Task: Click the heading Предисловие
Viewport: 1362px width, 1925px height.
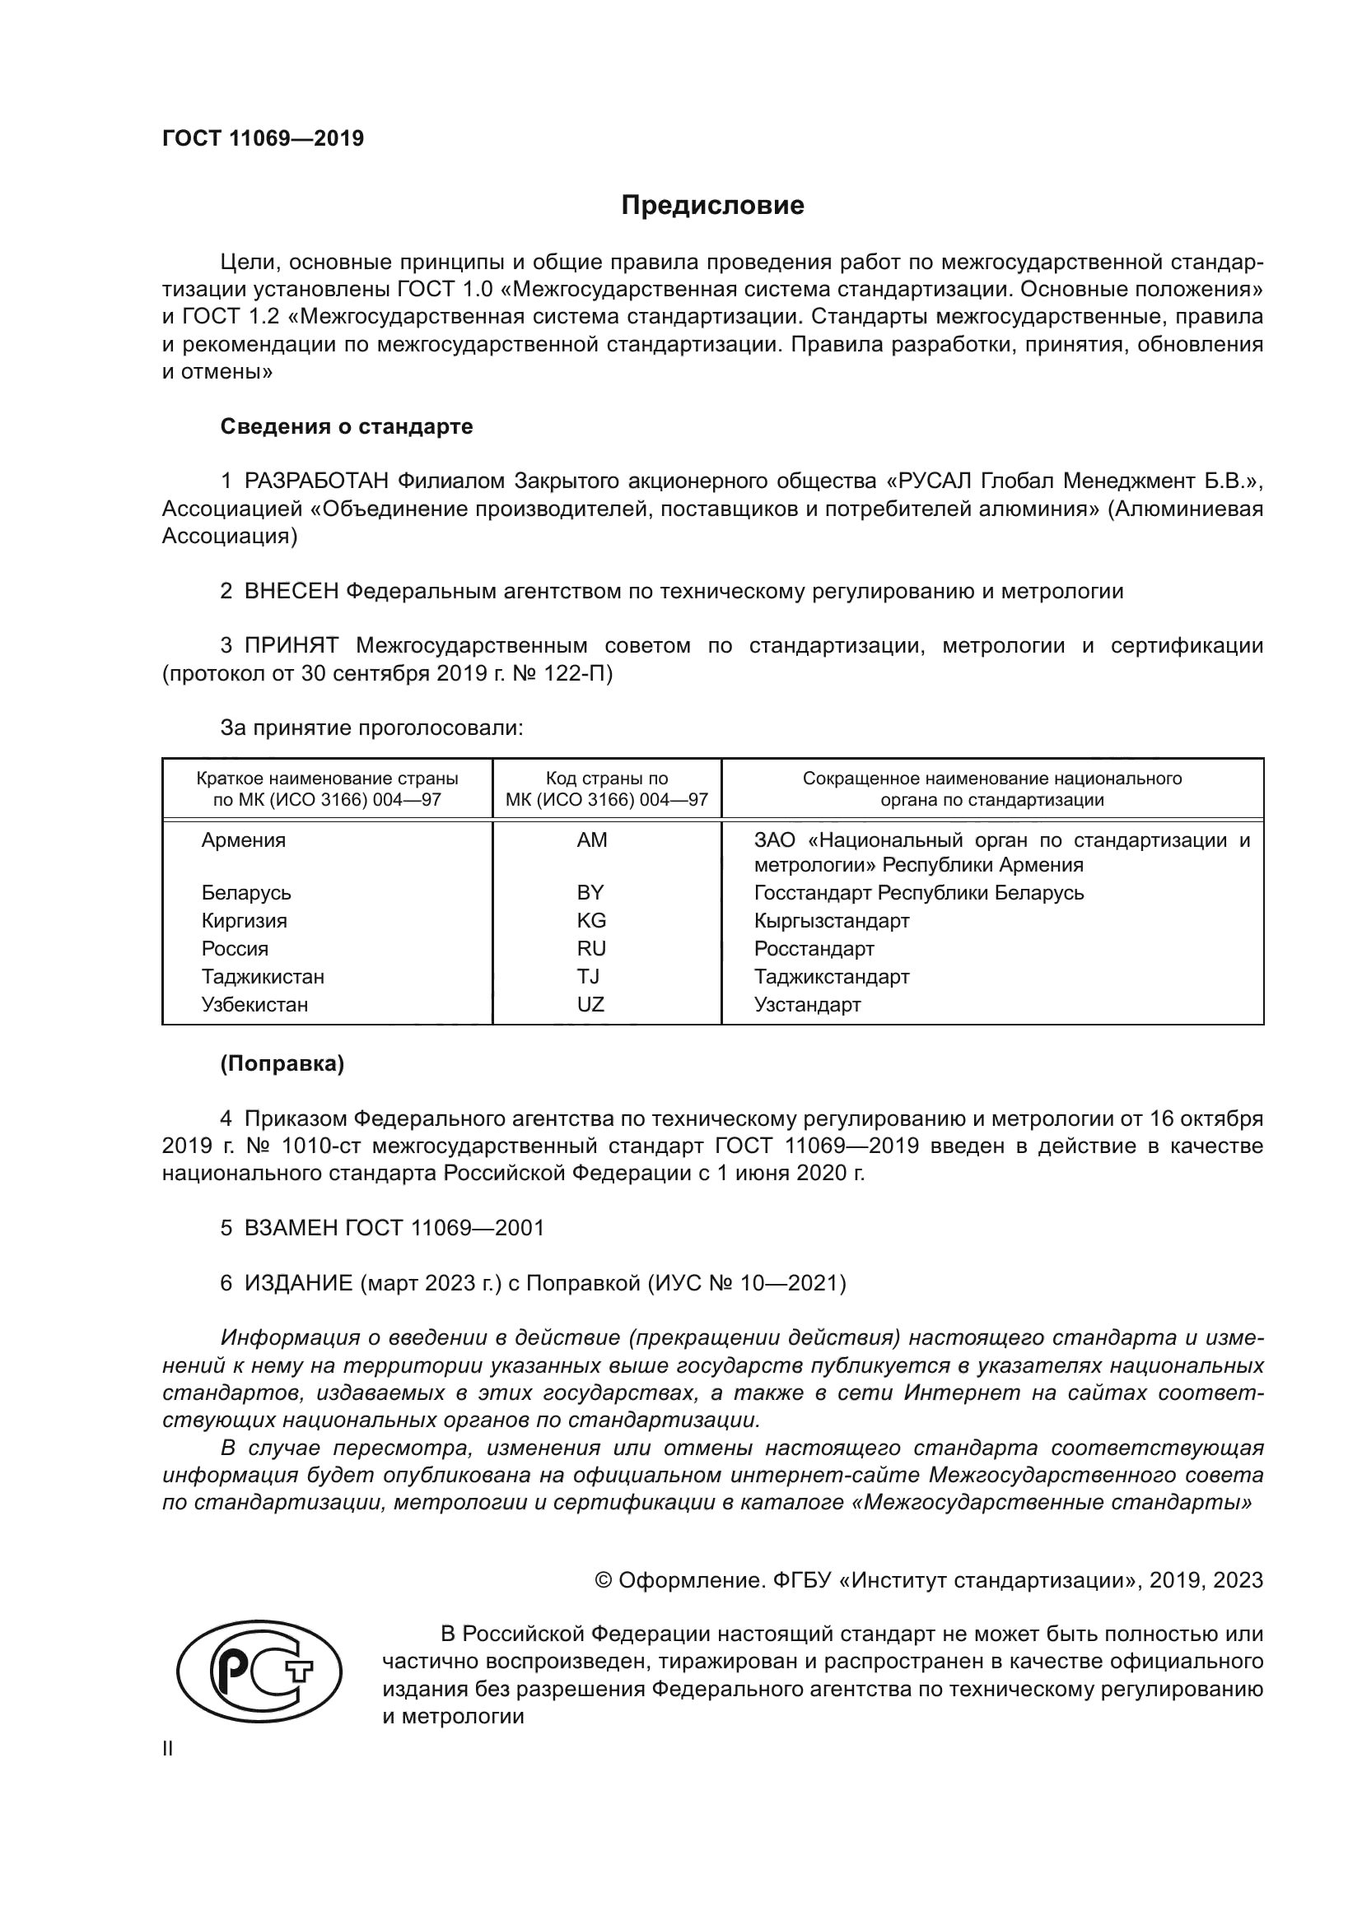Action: pos(712,206)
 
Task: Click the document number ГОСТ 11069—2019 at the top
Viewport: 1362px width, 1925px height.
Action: pos(263,138)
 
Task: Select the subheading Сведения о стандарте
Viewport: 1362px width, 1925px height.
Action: pos(347,427)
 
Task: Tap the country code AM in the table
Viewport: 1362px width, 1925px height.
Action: pos(591,840)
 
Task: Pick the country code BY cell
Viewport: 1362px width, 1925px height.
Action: pos(590,892)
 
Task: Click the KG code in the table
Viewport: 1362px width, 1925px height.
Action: pos(591,921)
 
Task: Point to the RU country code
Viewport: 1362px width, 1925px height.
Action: pos(591,948)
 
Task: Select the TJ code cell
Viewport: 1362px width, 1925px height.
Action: pos(588,977)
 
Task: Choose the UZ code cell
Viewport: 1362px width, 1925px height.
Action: pos(590,1004)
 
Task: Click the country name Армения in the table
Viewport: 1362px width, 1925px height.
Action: pos(243,840)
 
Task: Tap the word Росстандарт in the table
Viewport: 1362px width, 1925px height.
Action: pos(814,949)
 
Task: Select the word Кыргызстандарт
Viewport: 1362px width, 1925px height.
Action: pos(831,921)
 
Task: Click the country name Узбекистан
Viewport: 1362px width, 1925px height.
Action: pos(254,1004)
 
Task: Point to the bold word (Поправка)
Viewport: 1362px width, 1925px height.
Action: pos(282,1064)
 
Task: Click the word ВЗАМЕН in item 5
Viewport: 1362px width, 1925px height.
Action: pos(291,1228)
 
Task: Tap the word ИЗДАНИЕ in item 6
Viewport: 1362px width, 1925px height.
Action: pos(299,1283)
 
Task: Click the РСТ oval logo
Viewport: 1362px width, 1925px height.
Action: pos(259,1672)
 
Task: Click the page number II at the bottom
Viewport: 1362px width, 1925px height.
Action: pos(168,1749)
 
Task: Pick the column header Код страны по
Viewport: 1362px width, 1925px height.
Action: pos(606,778)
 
